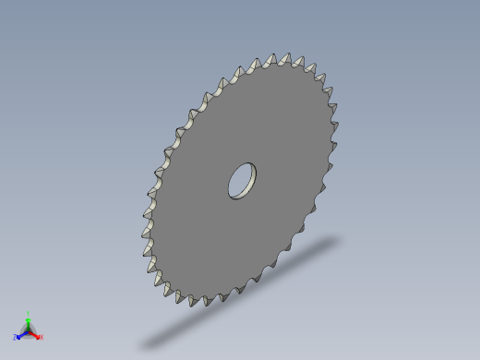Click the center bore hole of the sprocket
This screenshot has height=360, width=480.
point(243,180)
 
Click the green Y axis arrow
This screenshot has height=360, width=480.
point(28,319)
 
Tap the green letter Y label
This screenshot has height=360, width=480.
point(29,313)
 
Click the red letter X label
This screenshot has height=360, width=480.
point(42,338)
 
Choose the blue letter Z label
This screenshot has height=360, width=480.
point(15,338)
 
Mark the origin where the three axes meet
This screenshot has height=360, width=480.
point(28,330)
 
